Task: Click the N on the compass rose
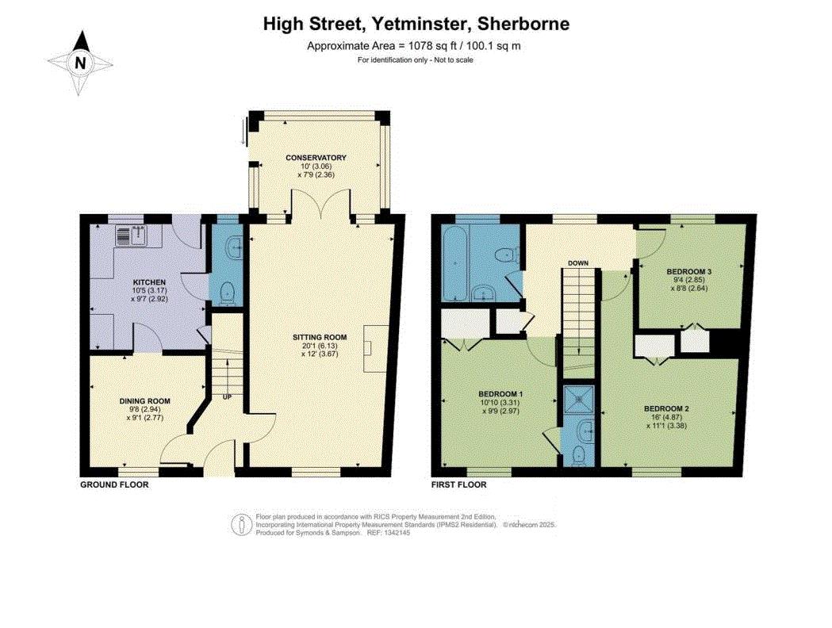click(80, 63)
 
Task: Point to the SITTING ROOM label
click(320, 337)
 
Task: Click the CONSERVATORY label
click(316, 158)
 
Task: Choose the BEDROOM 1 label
click(501, 394)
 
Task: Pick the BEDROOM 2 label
click(666, 408)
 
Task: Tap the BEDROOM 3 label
click(689, 271)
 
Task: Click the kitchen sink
click(131, 236)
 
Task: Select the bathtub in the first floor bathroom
click(456, 262)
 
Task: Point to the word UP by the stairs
click(227, 396)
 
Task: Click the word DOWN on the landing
click(578, 263)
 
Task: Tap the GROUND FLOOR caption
click(114, 484)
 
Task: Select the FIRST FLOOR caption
click(459, 484)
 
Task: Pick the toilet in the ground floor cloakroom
click(228, 293)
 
